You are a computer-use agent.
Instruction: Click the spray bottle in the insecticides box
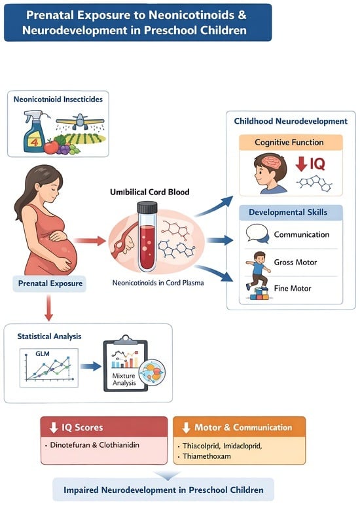coord(35,132)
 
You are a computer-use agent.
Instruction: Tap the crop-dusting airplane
coord(80,121)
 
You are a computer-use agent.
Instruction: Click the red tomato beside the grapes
coord(51,147)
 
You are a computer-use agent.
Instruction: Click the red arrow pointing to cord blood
coord(90,241)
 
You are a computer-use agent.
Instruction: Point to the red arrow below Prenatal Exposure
coord(48,308)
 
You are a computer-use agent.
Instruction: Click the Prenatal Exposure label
coord(50,283)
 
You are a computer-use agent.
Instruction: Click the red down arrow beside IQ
coord(301,164)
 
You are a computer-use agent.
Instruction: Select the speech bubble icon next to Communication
coord(257,233)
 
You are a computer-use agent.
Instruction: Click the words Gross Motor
coord(295,262)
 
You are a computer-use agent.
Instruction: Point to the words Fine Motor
coord(293,288)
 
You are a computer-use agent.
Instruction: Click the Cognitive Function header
coord(289,142)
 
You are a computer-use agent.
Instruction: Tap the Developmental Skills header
coord(288,212)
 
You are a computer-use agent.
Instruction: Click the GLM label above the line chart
coord(43,353)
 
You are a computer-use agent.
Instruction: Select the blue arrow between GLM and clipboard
coord(90,366)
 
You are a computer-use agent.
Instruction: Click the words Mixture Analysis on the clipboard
coord(124,380)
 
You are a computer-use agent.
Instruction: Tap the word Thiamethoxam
coord(207,456)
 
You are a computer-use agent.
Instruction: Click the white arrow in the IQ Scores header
coord(54,427)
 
